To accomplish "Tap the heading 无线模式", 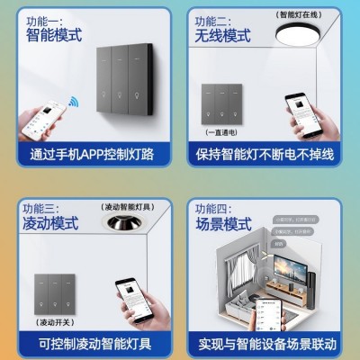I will pos(224,37).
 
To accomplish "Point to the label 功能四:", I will pos(213,204).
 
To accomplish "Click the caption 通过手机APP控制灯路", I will pos(91,155).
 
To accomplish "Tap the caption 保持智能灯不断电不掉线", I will pos(265,155).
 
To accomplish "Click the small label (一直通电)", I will pos(208,131).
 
